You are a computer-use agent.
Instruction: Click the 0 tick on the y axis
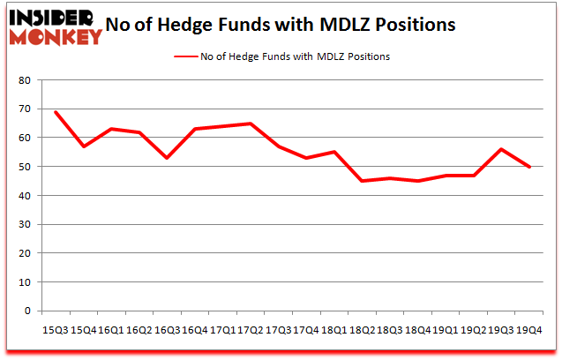(27, 311)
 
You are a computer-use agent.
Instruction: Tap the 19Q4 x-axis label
(528, 329)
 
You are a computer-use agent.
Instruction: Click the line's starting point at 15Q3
(56, 112)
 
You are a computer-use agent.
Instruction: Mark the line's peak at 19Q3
(501, 149)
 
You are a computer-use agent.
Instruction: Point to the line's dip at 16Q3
(166, 158)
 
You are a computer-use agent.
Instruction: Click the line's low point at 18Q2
(361, 181)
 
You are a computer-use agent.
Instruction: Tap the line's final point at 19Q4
(528, 167)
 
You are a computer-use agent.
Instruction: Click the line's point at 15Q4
(84, 146)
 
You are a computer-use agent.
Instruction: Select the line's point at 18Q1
(333, 152)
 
